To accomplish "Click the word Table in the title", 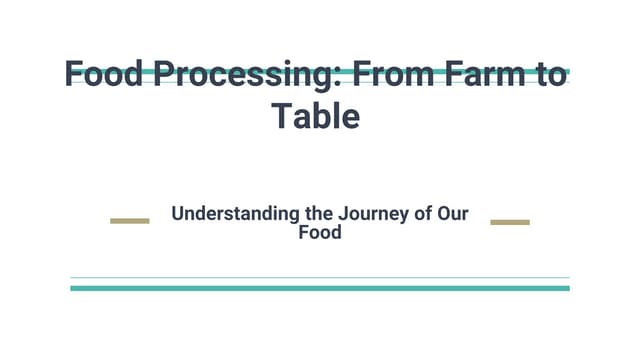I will tap(315, 117).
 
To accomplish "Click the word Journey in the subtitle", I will tap(372, 213).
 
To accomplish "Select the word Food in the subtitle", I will tap(320, 233).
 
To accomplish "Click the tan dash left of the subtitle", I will tap(129, 221).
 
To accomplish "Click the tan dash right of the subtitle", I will tap(510, 221).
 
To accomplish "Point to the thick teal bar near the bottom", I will tap(320, 288).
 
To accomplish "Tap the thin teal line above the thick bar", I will tap(320, 277).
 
